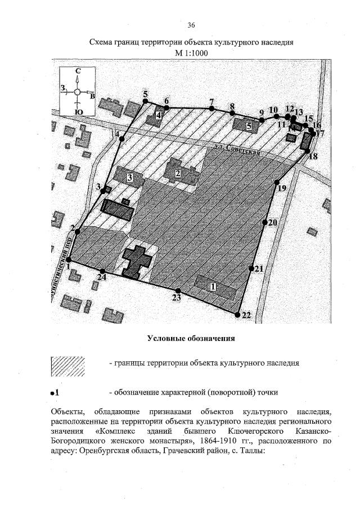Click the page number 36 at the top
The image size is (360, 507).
(191, 26)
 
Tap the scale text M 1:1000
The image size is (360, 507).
(191, 53)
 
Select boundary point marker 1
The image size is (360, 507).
(69, 260)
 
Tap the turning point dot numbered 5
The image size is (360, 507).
(145, 101)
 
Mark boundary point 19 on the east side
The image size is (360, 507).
(277, 182)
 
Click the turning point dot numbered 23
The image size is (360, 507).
(177, 290)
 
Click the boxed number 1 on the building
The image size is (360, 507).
(213, 286)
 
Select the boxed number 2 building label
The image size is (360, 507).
(178, 174)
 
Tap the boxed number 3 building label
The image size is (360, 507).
(129, 178)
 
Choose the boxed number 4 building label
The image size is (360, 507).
(159, 115)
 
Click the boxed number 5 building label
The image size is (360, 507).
(248, 127)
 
